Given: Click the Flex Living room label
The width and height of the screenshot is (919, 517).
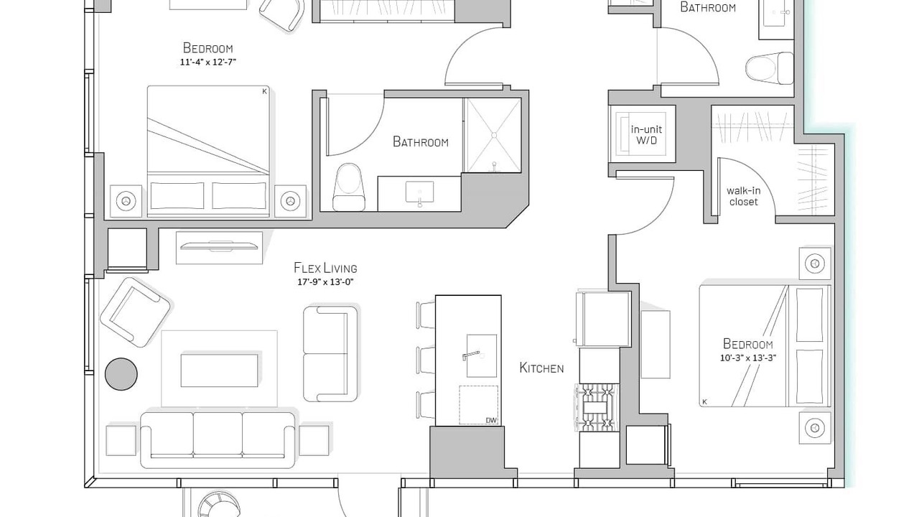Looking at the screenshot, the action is coord(325,268).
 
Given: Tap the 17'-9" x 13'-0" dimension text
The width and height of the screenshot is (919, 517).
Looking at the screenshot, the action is coord(325,282).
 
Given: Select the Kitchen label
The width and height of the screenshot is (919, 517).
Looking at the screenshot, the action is coord(541,368).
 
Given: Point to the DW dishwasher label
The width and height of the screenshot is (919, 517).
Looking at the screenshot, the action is coord(491,421).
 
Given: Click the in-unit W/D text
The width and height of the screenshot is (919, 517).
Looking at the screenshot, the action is coord(647,135).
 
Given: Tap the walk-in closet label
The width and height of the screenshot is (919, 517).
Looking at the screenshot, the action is coord(743,196).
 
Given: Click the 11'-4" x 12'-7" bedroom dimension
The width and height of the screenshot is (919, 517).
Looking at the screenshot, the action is coord(208,62).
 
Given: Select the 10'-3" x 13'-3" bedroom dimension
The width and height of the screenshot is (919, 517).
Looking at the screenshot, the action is coord(748,358).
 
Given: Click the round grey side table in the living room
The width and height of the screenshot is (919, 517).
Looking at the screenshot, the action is coord(121,374).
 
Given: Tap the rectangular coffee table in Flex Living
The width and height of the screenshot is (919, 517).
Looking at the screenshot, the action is coord(220,371).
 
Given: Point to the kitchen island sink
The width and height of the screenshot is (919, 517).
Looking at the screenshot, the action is coord(481,355).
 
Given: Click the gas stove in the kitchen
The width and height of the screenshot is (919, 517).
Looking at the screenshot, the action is coord(597,407).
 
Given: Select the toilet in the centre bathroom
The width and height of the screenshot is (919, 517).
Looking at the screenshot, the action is coord(349,187).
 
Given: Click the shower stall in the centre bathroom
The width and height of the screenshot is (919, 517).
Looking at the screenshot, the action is coord(494,135).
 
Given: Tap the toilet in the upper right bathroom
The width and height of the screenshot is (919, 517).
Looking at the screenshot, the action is coord(769,68).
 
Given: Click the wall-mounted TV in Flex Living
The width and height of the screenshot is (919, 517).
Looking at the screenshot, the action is coord(220,246).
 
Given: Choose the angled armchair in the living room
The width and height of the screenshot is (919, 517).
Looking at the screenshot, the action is coord(136,312).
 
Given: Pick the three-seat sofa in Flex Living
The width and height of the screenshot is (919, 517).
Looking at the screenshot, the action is coord(218,440).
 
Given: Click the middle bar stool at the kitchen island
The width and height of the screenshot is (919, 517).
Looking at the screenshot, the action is coord(426,360).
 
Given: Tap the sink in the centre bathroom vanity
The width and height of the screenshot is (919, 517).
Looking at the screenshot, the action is coord(419,192).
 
